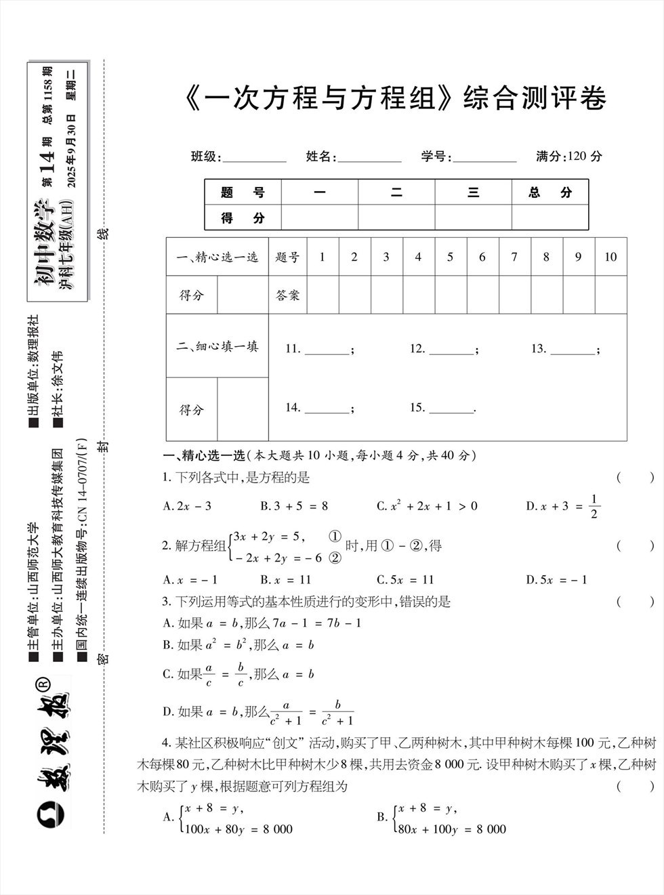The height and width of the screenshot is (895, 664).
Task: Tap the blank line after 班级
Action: coord(254,158)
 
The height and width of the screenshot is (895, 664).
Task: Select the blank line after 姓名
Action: coord(369,158)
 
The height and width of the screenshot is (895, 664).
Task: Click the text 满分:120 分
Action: coord(568,157)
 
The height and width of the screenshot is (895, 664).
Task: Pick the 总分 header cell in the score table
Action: coord(550,192)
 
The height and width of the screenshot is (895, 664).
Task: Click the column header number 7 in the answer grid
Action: coord(514,257)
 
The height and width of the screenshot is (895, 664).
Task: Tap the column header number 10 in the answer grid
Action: coord(610,257)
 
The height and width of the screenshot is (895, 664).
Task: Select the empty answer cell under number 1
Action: coord(323,295)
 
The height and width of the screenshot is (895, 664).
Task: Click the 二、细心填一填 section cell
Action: coord(217,346)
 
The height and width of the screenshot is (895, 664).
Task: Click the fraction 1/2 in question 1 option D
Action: coord(594,506)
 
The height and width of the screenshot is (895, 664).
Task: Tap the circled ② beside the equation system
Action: coord(335,558)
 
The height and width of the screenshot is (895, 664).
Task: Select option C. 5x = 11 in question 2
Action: coord(404,580)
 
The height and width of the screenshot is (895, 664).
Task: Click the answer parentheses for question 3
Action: coord(635,601)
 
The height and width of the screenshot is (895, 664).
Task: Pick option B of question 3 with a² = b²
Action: coord(238,645)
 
